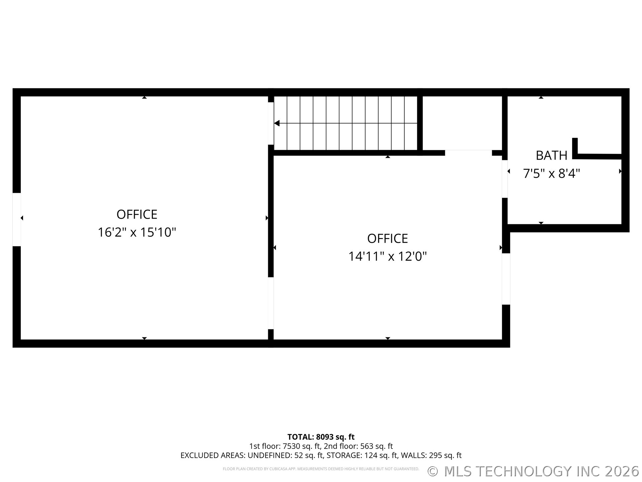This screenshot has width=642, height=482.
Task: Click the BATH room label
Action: [x=551, y=156]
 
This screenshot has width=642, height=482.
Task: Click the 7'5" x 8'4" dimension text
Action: [x=551, y=173]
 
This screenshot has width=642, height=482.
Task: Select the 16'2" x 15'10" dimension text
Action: [x=137, y=232]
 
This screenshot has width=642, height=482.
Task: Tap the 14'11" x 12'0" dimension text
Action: [x=388, y=256]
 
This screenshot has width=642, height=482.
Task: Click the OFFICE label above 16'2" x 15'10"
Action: [x=137, y=214]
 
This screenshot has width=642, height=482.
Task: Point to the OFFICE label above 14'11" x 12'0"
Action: [x=388, y=239]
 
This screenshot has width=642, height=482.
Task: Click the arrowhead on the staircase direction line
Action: [x=277, y=123]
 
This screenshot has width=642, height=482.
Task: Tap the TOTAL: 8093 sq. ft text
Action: [x=321, y=437]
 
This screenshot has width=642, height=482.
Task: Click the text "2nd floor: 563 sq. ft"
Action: [x=358, y=446]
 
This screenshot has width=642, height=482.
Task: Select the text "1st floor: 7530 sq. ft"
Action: [x=285, y=446]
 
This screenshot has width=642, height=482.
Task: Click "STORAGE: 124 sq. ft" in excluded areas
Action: [x=362, y=455]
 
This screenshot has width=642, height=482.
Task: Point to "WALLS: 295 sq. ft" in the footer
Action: [x=431, y=455]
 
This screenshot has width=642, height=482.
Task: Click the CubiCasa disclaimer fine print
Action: [x=321, y=469]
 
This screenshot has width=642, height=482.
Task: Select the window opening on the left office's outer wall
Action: [x=16, y=219]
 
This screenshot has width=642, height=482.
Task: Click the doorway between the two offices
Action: [x=271, y=303]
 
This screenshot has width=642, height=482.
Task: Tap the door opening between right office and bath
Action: [x=505, y=179]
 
